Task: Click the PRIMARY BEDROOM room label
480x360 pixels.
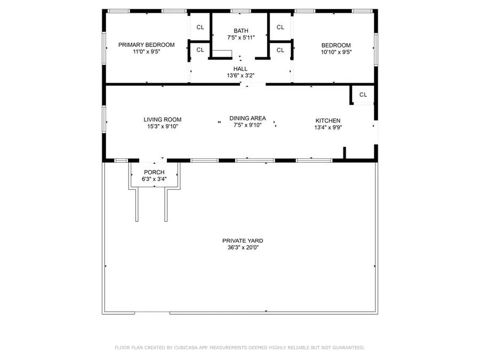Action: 146,45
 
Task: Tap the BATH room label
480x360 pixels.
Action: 241,31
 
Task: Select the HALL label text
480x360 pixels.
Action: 241,69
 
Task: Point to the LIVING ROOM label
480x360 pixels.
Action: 162,119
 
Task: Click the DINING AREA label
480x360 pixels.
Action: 247,118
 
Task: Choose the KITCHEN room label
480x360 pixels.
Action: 327,121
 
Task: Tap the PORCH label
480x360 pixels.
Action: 154,172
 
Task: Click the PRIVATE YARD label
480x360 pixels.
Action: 243,241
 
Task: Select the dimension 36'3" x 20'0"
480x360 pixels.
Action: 243,247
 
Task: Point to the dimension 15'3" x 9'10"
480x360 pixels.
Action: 162,126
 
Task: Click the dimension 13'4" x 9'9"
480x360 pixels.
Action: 327,127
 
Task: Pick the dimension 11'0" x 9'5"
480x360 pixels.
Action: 146,52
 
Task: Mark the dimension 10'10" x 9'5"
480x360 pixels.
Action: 336,52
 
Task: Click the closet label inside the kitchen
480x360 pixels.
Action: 363,95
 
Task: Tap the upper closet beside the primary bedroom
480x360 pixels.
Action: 200,27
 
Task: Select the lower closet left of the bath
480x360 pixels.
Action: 200,50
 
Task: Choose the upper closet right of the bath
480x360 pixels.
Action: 280,27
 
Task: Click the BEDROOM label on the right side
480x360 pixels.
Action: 336,45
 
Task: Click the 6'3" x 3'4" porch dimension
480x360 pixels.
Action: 154,179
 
